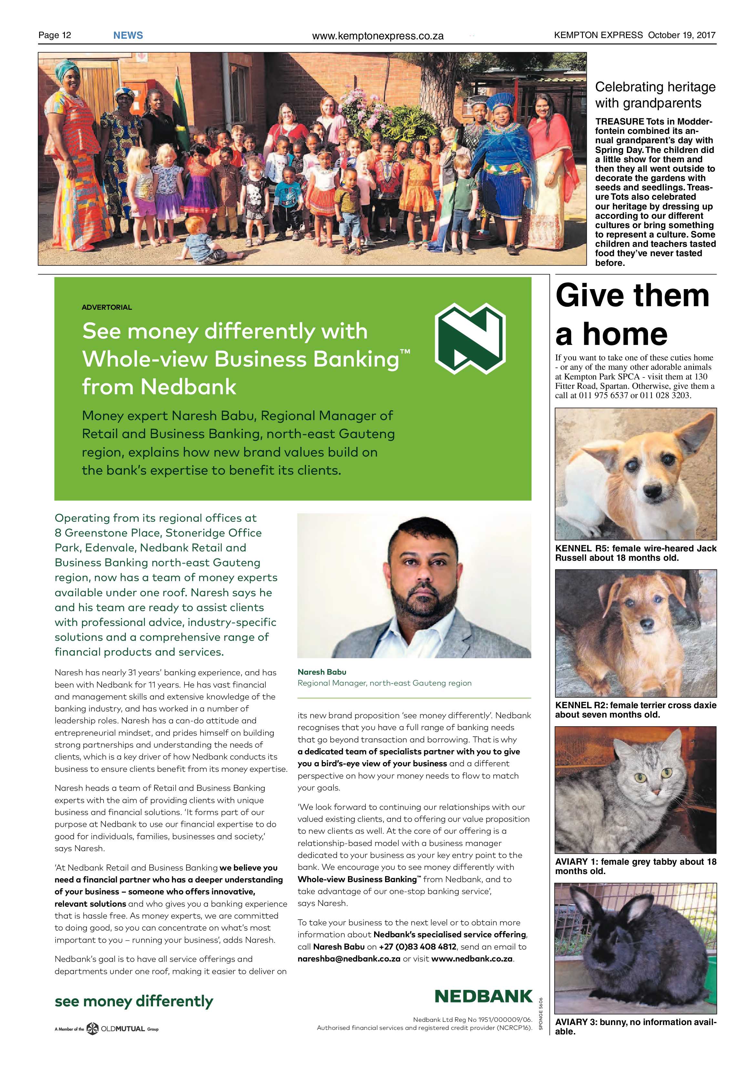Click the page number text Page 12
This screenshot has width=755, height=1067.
55,35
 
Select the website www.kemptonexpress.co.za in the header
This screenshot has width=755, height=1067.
378,36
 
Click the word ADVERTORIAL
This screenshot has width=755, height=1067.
107,307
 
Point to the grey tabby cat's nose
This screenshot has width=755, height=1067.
655,791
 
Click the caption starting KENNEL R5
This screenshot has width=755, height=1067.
636,553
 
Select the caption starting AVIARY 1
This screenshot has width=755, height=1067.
636,866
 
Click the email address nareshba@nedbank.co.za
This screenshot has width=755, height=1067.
349,959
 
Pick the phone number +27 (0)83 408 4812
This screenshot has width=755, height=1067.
417,947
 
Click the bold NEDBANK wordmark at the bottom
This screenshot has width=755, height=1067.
484,996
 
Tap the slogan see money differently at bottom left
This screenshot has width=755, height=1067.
134,1002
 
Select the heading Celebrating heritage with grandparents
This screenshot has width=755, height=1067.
655,95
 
